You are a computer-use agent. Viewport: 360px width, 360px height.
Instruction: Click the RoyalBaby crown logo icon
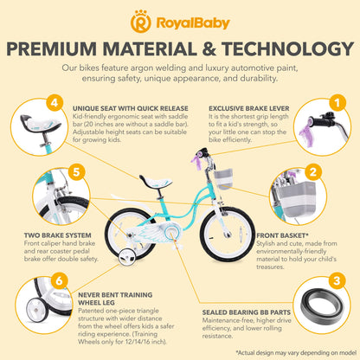tap(140, 22)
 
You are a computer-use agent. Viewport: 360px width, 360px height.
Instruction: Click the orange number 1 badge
tap(337, 102)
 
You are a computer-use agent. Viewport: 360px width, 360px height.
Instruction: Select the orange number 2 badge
tap(313, 172)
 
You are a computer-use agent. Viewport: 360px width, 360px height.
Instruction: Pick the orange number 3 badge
tap(337, 280)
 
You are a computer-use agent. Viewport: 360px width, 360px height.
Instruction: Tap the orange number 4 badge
tap(55, 102)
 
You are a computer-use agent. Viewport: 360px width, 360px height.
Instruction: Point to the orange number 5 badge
tap(76, 172)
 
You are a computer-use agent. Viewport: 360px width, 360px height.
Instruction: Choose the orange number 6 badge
tap(59, 280)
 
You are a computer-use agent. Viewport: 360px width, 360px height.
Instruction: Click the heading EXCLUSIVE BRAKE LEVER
tap(249, 108)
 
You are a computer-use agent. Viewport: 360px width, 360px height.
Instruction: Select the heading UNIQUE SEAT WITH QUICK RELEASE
tap(131, 108)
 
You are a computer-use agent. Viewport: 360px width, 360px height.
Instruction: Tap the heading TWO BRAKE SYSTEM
tap(57, 235)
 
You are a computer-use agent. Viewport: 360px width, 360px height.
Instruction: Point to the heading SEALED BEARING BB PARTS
tap(247, 312)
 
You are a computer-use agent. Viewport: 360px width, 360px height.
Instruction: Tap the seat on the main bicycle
tap(156, 182)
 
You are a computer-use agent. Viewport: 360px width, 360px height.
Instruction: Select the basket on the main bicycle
tap(223, 178)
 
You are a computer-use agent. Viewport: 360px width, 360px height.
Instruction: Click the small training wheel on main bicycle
tap(128, 259)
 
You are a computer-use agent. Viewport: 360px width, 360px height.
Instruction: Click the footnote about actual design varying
tap(297, 352)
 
